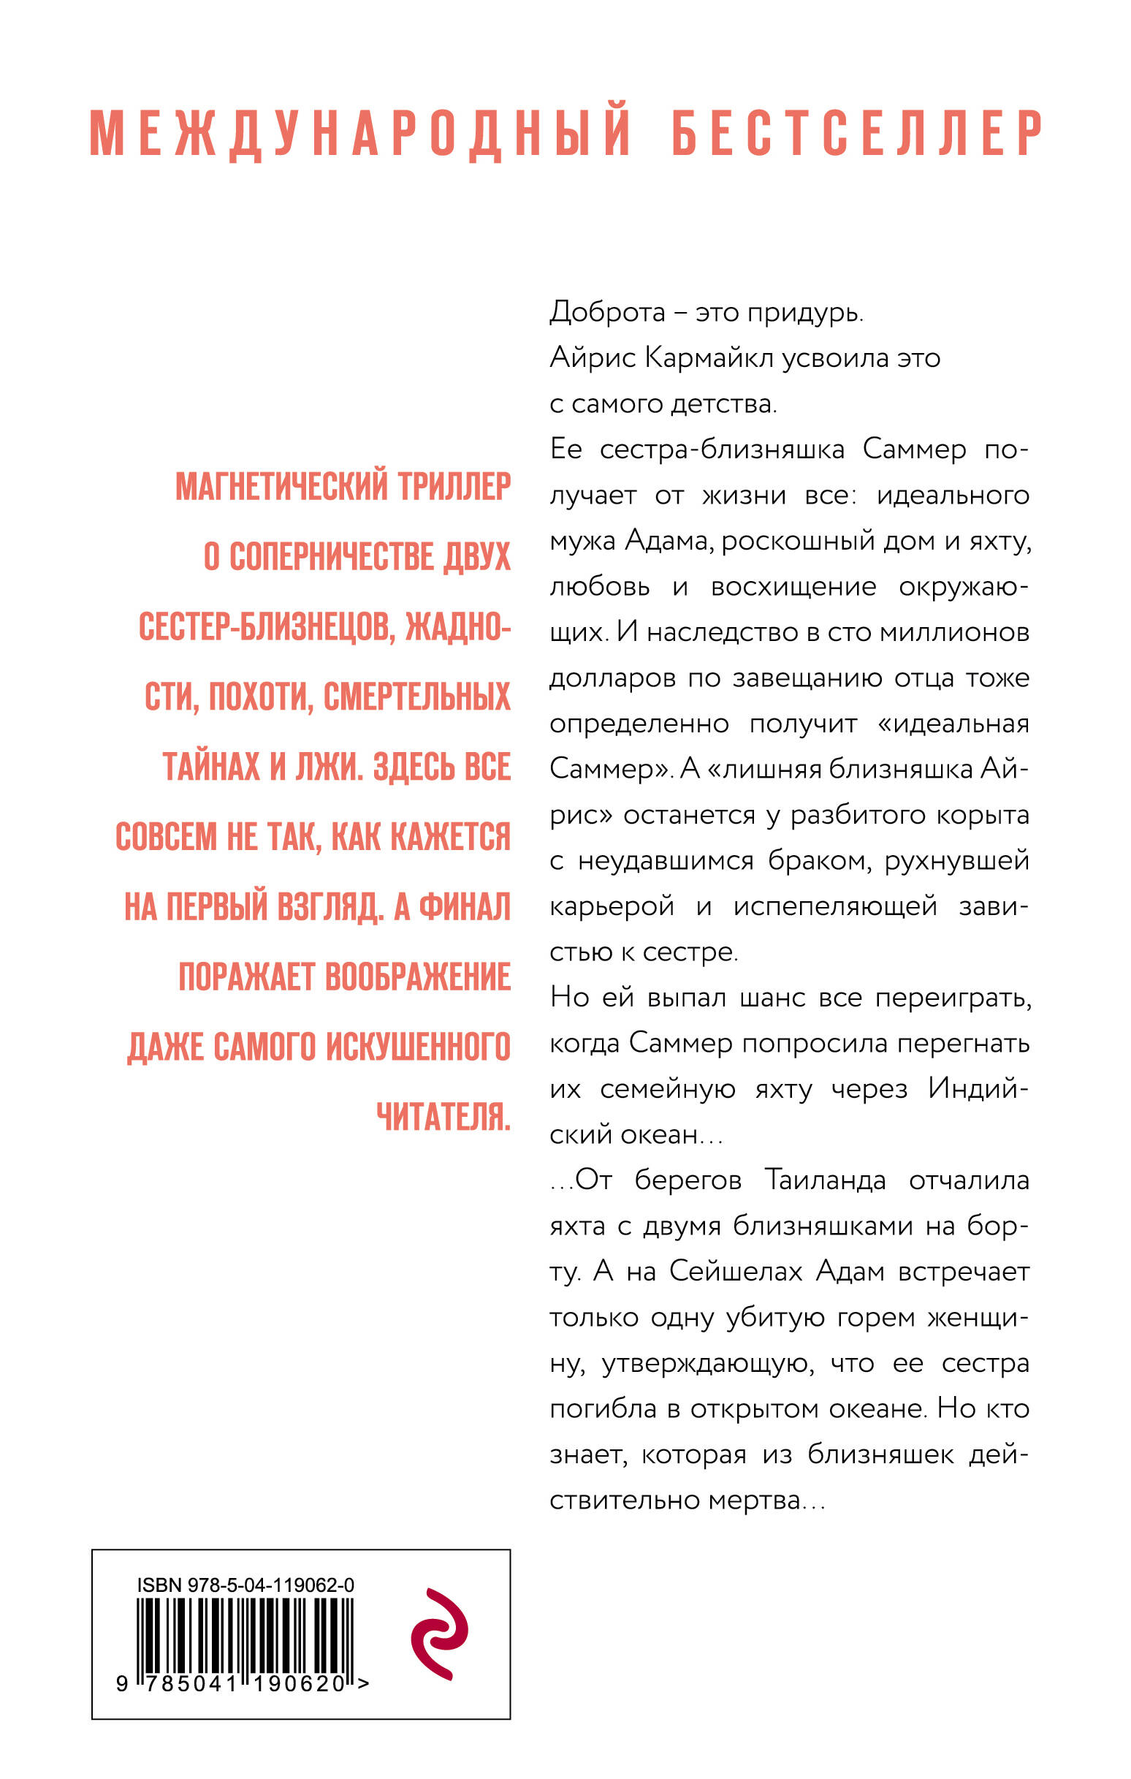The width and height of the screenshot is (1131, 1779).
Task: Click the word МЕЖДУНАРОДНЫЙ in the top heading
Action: pos(359,133)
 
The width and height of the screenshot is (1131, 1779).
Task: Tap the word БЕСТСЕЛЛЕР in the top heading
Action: pos(857,133)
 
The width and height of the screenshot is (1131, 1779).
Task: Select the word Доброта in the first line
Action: pos(607,313)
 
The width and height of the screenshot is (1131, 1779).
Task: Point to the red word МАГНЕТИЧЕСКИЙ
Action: pos(281,486)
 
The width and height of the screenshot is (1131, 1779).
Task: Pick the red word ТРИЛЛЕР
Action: pos(454,486)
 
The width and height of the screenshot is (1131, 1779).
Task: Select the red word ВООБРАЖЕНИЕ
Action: pos(418,977)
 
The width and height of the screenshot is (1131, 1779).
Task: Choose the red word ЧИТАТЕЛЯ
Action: pos(443,1117)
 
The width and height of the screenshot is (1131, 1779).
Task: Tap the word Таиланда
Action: pos(824,1180)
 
